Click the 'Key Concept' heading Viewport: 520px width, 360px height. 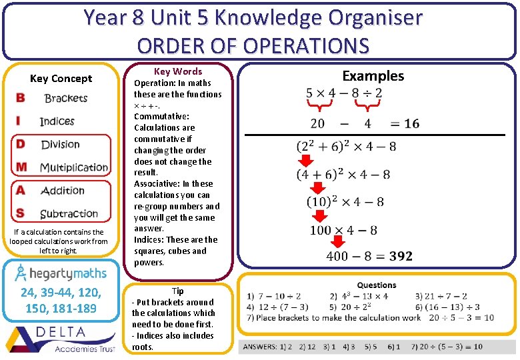click(x=61, y=79)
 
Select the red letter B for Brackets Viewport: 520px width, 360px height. click(x=21, y=98)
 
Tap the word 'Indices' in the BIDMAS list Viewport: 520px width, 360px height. click(x=57, y=121)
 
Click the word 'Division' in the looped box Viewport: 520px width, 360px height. click(x=60, y=145)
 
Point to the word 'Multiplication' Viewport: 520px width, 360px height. click(x=73, y=167)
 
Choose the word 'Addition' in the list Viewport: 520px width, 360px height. click(x=63, y=191)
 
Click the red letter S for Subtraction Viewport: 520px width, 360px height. click(x=21, y=213)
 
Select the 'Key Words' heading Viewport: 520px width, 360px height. click(x=177, y=71)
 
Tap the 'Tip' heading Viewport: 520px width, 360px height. click(x=177, y=291)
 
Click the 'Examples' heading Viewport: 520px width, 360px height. click(x=373, y=76)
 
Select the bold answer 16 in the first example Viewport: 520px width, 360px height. click(x=411, y=123)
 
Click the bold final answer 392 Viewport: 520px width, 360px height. click(x=401, y=256)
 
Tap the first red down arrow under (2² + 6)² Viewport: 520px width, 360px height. click(x=305, y=161)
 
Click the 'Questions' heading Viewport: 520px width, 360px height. click(x=377, y=285)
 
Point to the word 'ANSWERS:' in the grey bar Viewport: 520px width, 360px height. click(x=261, y=347)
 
